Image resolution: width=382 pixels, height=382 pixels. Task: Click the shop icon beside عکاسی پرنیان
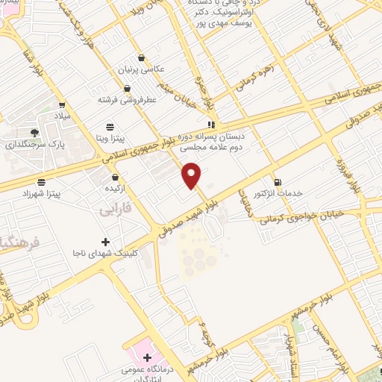pyautogui.click(x=141, y=57)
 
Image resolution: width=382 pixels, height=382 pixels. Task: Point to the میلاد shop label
pyautogui.click(x=61, y=117)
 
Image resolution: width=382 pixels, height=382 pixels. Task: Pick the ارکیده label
pyautogui.click(x=115, y=190)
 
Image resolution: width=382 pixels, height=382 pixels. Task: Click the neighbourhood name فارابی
pyautogui.click(x=115, y=211)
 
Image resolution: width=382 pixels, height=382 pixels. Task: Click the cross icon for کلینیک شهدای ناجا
pyautogui.click(x=106, y=242)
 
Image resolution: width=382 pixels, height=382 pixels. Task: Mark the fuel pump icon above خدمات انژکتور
pyautogui.click(x=278, y=181)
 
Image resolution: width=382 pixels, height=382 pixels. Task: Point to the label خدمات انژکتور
pyautogui.click(x=278, y=193)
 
